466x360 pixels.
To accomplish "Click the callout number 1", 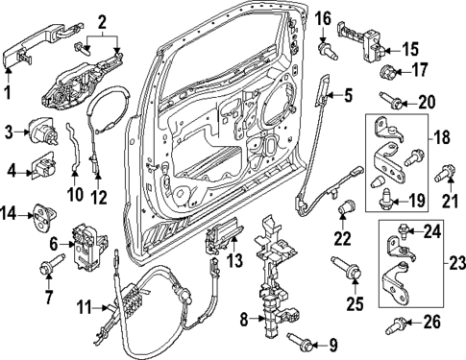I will (x=9, y=93).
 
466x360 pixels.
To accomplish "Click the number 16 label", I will (x=323, y=17).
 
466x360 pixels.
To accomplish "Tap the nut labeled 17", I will (x=389, y=73).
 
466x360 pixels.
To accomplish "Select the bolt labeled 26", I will (x=396, y=324).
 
